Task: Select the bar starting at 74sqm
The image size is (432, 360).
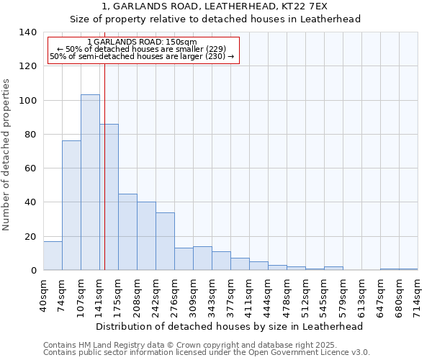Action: point(71,205)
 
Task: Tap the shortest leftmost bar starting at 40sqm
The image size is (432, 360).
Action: point(53,256)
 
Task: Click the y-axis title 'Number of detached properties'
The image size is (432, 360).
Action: point(6,155)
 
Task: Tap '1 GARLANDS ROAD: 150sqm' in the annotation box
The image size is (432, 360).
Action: point(141,42)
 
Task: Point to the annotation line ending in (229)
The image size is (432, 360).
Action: point(141,49)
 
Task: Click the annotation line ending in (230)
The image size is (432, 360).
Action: point(141,56)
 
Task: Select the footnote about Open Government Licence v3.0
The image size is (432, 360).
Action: point(206,352)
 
